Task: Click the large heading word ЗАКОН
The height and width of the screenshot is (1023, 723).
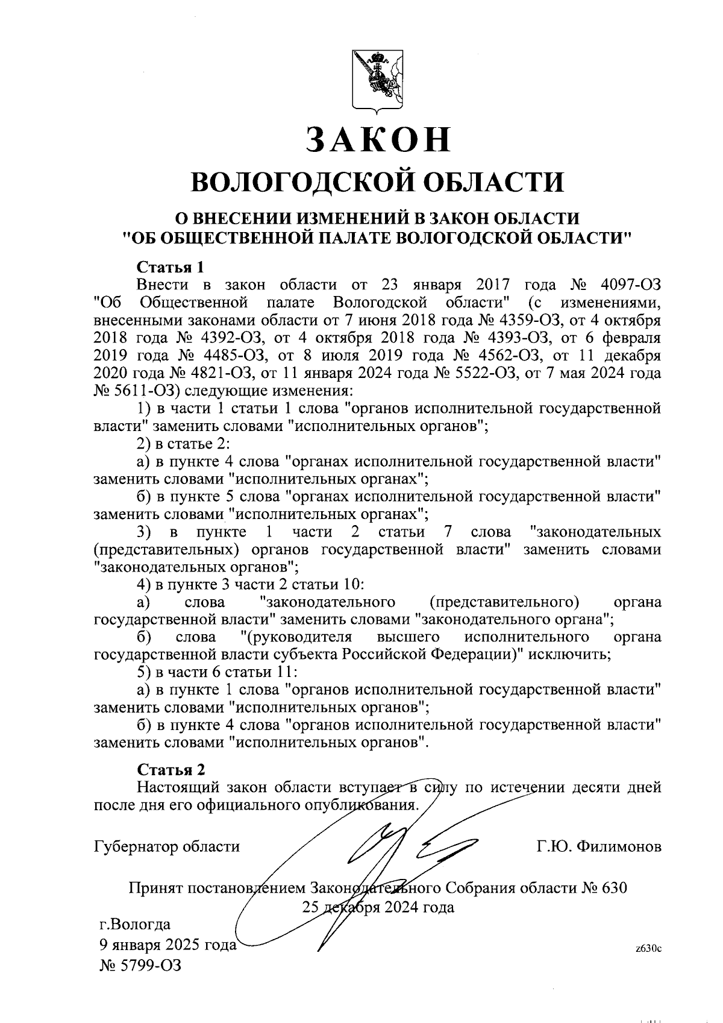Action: [x=377, y=140]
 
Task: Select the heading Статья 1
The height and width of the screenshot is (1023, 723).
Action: [x=171, y=266]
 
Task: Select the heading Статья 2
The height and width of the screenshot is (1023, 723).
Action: [x=171, y=770]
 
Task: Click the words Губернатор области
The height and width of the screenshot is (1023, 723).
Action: [x=167, y=847]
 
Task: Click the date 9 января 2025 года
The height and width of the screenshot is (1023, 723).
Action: [x=167, y=945]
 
